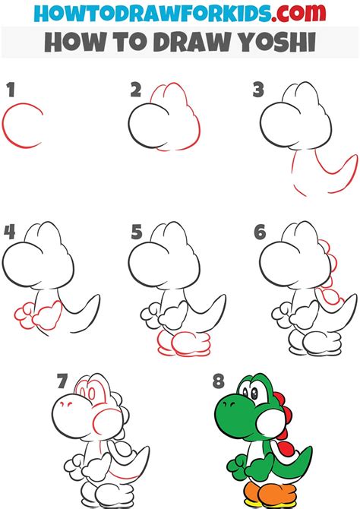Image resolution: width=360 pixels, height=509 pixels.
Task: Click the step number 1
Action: click(11, 91)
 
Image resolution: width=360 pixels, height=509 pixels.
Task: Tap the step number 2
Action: click(135, 91)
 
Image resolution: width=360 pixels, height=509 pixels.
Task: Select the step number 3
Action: click(258, 91)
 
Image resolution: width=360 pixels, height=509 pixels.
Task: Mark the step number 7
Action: click(64, 380)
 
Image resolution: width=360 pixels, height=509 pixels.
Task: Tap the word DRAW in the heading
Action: click(194, 43)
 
